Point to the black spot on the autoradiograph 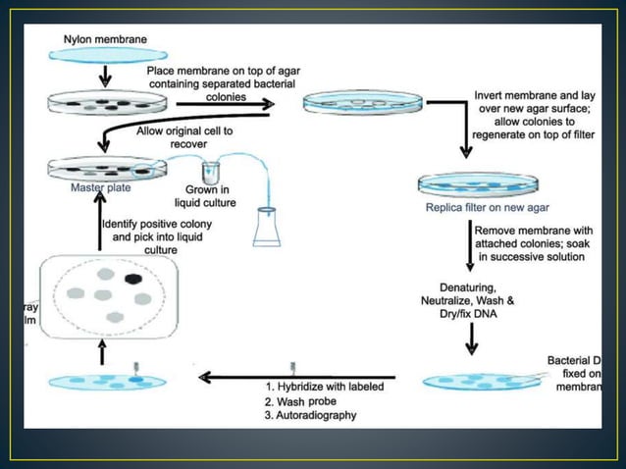(x=133, y=279)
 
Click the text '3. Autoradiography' (x=310, y=415)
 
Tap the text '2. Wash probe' (x=297, y=401)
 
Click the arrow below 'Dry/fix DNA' (x=471, y=336)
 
